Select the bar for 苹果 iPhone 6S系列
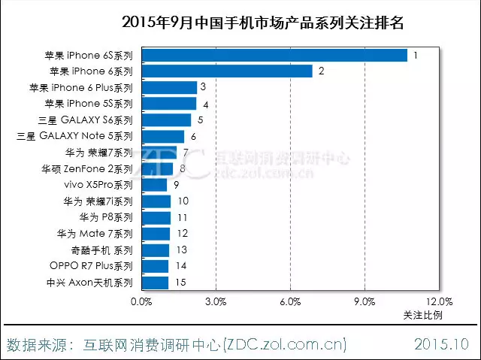pos(274,56)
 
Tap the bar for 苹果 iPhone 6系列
pos(227,71)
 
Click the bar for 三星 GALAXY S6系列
pos(166,120)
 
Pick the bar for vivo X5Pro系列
pos(154,185)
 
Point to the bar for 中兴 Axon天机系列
pos(155,283)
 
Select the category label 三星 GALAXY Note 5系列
pos(74,137)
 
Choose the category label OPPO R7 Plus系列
pos(91,266)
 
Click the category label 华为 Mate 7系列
pos(94,234)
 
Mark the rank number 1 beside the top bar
pos(415,56)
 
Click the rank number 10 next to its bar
pos(183,201)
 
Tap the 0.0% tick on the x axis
pos(141,302)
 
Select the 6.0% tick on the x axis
pos(290,302)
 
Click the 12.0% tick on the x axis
pos(438,302)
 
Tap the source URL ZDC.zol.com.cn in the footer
pos(286,345)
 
